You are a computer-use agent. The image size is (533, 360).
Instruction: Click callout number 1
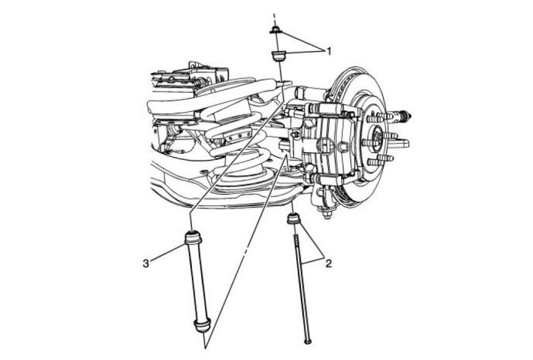[x=328, y=51]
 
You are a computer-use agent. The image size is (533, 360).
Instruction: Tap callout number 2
[x=328, y=263]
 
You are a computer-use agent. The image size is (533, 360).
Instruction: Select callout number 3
[x=146, y=263]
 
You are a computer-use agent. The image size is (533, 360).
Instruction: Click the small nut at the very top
[x=275, y=30]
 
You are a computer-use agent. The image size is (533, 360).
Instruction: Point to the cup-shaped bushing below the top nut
[x=279, y=56]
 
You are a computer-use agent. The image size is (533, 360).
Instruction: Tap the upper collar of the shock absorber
[x=193, y=237]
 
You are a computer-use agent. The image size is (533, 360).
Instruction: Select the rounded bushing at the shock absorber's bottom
[x=202, y=325]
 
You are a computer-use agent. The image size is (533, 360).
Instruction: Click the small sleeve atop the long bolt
[x=294, y=218]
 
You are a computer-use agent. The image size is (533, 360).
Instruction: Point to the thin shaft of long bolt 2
[x=302, y=281]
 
